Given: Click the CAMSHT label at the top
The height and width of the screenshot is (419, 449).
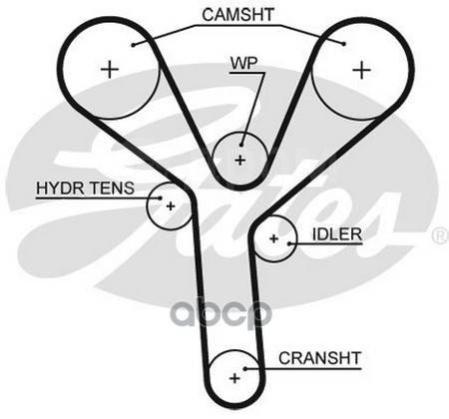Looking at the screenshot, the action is (x=237, y=15).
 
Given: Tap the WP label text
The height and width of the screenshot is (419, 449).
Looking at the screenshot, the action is (x=244, y=63).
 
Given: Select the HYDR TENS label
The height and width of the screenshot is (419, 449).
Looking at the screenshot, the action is (x=86, y=188).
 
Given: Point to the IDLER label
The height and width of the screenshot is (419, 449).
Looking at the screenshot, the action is (x=337, y=234).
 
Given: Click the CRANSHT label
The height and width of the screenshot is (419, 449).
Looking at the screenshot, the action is (x=319, y=358).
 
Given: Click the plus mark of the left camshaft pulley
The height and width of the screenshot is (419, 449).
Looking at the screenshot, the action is (x=110, y=70).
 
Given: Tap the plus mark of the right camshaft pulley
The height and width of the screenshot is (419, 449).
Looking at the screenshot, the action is (x=361, y=70).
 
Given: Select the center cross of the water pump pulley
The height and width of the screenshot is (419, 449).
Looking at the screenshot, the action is (x=239, y=161).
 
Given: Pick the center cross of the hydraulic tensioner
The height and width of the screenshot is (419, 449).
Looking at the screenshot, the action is (x=171, y=207).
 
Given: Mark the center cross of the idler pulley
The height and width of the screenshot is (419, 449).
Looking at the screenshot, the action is (x=273, y=238).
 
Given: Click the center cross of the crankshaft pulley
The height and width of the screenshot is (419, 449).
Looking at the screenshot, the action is (x=234, y=378).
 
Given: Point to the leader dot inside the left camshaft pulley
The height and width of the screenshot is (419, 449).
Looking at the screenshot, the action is (x=133, y=45).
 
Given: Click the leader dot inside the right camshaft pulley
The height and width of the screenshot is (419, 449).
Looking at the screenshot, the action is (x=344, y=44).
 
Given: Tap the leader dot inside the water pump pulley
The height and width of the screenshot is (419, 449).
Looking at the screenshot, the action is (x=241, y=145).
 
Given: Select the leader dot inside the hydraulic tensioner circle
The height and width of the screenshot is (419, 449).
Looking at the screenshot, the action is (x=160, y=199).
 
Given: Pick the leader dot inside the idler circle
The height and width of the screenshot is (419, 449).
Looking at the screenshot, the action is (x=289, y=243).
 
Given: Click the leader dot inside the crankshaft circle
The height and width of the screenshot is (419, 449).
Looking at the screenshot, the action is (x=244, y=368).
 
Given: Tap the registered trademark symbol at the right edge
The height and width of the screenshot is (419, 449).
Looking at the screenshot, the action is (x=441, y=235).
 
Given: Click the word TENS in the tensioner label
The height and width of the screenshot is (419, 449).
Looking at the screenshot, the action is (x=112, y=188).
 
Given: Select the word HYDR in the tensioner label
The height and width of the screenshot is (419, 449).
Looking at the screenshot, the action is (x=60, y=188).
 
